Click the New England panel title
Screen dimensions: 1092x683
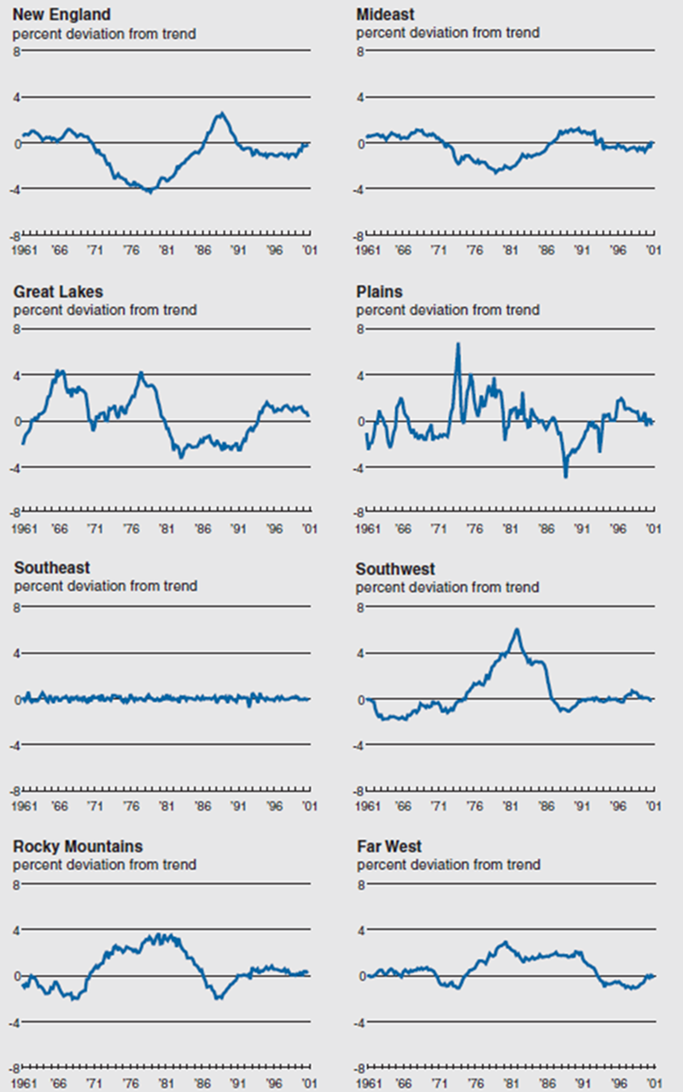pyautogui.click(x=61, y=15)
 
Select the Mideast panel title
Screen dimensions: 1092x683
pyautogui.click(x=386, y=15)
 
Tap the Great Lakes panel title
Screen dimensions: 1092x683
pyautogui.click(x=58, y=292)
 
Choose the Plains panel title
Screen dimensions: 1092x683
pyautogui.click(x=379, y=292)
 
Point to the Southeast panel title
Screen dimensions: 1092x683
pyautogui.click(x=52, y=568)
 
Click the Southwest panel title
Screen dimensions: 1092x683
pyautogui.click(x=395, y=569)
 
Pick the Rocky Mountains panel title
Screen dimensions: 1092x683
pyautogui.click(x=78, y=846)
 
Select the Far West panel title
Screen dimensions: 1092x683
pyautogui.click(x=389, y=846)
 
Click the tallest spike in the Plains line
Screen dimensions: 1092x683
pyautogui.click(x=458, y=344)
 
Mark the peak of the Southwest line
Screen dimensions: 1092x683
pyautogui.click(x=517, y=630)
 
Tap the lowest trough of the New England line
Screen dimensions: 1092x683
pyautogui.click(x=150, y=192)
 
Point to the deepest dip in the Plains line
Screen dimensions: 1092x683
pyautogui.click(x=565, y=476)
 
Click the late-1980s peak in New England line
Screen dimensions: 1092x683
pyautogui.click(x=220, y=113)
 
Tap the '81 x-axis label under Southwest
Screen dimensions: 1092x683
pyautogui.click(x=510, y=806)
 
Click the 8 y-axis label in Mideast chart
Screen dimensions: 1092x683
pyautogui.click(x=359, y=51)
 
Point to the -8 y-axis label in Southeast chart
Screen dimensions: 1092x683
pyautogui.click(x=15, y=791)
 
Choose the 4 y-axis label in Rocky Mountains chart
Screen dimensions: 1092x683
pyautogui.click(x=16, y=929)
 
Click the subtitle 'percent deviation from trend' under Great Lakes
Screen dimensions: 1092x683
pyautogui.click(x=104, y=310)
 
